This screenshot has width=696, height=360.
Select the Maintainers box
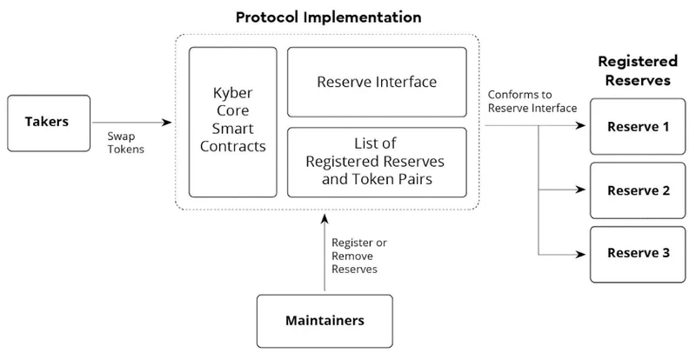[325, 320]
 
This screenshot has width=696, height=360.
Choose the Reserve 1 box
[638, 126]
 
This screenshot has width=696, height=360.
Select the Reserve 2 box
[638, 190]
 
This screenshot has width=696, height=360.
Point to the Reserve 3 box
[638, 253]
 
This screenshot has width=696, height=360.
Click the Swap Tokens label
[126, 143]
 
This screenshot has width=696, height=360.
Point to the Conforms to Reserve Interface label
[532, 101]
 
